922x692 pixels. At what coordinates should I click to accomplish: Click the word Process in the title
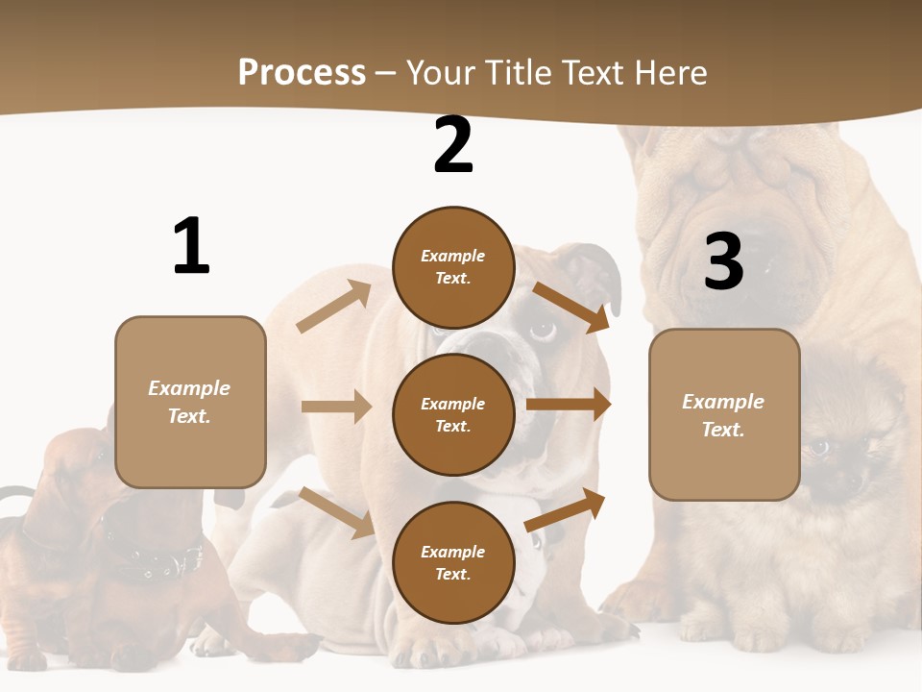[302, 73]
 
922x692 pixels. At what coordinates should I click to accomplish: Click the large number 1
[191, 246]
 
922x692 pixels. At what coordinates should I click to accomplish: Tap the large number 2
[453, 145]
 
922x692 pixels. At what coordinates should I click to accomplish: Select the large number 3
[723, 261]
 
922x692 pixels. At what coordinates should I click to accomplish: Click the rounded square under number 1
[190, 402]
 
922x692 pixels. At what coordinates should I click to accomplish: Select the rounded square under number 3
[724, 414]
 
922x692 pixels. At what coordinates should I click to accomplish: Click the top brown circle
[453, 267]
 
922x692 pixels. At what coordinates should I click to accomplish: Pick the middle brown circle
[453, 414]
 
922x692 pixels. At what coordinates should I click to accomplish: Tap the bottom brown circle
[453, 562]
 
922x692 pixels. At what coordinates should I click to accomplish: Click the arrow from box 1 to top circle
[334, 307]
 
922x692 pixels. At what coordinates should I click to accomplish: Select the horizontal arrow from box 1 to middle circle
[336, 407]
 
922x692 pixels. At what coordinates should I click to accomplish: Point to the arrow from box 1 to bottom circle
[336, 511]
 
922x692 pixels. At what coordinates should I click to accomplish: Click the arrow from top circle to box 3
[570, 307]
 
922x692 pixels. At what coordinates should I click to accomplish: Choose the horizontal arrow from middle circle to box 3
[569, 404]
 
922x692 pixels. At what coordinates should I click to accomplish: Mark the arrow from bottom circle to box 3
[566, 509]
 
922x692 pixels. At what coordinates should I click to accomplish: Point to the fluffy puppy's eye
[819, 447]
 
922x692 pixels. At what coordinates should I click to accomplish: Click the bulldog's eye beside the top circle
[543, 330]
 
